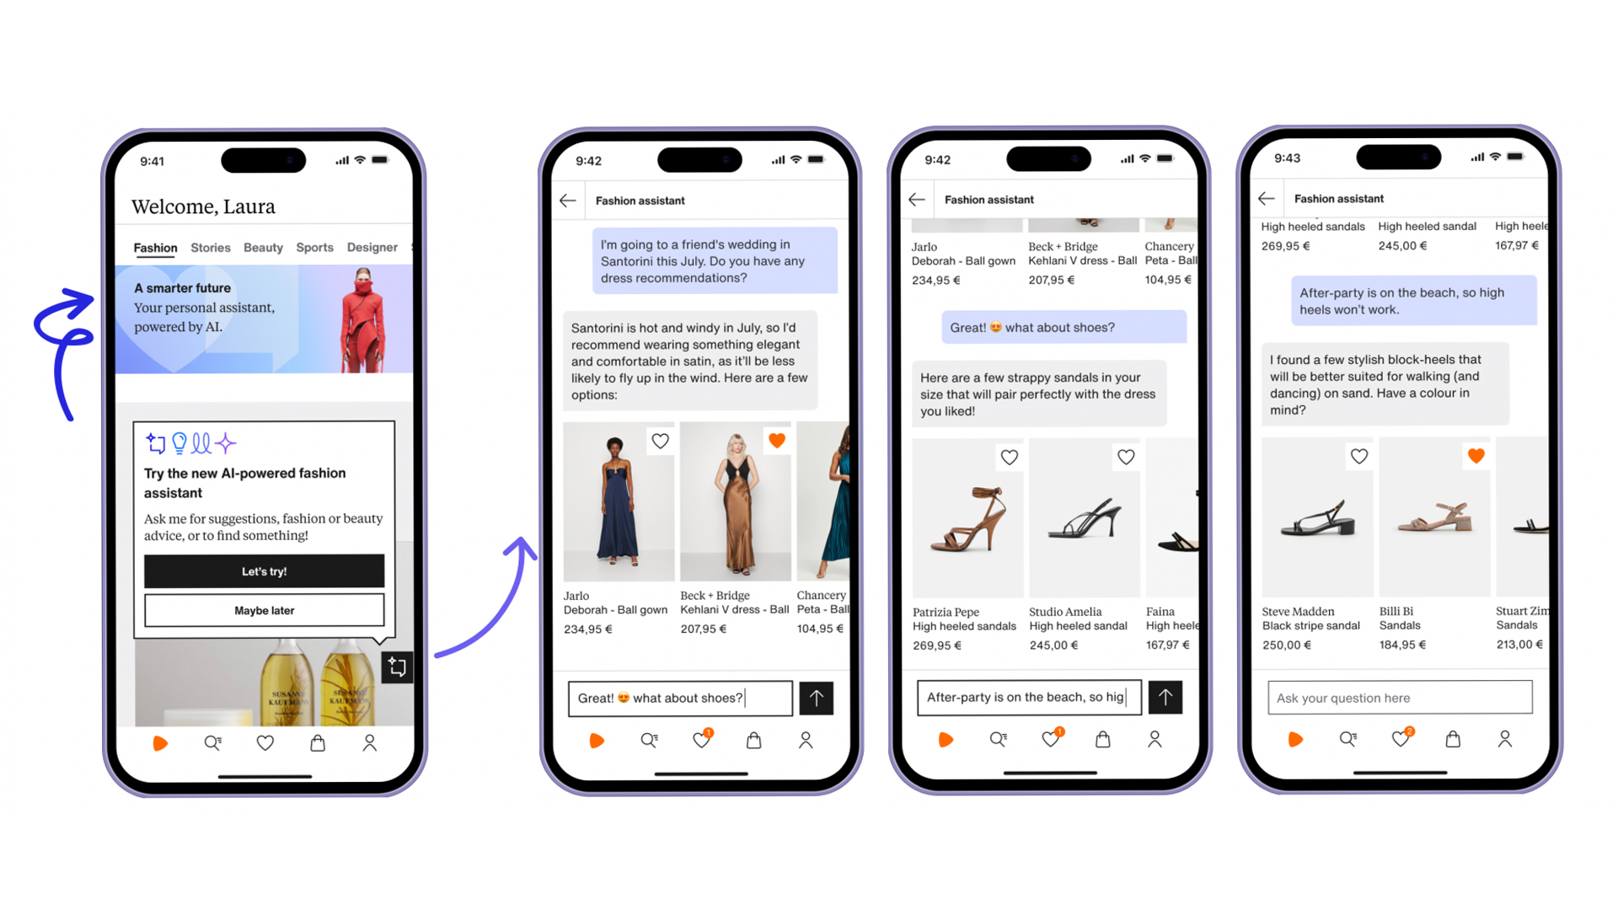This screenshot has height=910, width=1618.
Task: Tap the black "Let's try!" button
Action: point(264,571)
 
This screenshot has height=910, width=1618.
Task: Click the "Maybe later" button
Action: point(264,610)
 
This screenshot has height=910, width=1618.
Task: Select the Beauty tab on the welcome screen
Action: point(263,248)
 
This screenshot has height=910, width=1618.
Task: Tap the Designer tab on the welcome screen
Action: point(372,248)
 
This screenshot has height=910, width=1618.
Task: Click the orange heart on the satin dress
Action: point(777,440)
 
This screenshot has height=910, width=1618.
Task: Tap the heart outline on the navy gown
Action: point(660,441)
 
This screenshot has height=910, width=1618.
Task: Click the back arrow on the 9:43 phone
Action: point(1266,199)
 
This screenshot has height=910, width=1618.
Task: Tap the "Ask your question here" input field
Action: point(1399,698)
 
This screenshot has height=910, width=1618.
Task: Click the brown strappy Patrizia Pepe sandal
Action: point(968,518)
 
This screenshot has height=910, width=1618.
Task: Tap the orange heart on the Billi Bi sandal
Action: point(1476,456)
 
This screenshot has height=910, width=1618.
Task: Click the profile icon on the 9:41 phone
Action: point(369,743)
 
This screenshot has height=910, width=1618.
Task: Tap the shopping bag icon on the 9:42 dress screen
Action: point(753,740)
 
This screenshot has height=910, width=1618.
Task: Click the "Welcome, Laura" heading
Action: point(203,206)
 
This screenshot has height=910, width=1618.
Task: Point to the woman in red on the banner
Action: point(363,320)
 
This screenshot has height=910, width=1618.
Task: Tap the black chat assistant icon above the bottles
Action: point(397,667)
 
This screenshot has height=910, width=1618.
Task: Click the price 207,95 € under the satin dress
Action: point(703,629)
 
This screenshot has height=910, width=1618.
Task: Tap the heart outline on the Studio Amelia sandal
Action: point(1126,457)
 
